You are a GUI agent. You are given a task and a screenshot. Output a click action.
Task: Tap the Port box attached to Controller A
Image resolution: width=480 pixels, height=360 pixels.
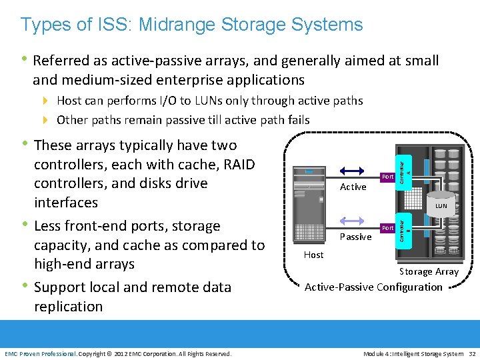click(387, 177)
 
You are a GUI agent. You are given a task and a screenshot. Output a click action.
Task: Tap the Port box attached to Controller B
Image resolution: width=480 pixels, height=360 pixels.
click(387, 228)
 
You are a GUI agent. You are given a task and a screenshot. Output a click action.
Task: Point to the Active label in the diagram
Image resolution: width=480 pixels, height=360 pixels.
click(353, 187)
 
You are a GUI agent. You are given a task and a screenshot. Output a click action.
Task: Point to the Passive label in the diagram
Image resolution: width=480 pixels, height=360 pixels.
click(355, 237)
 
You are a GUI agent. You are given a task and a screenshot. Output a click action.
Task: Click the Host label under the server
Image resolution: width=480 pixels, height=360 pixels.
click(313, 255)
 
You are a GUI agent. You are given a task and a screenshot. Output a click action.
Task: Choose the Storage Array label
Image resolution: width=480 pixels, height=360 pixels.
click(429, 271)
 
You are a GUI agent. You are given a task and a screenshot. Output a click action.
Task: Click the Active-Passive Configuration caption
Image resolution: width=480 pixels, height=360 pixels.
click(373, 287)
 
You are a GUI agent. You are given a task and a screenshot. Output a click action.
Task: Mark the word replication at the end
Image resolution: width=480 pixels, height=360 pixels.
click(69, 307)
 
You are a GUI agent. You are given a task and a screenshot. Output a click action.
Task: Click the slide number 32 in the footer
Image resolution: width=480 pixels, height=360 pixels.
click(471, 353)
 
